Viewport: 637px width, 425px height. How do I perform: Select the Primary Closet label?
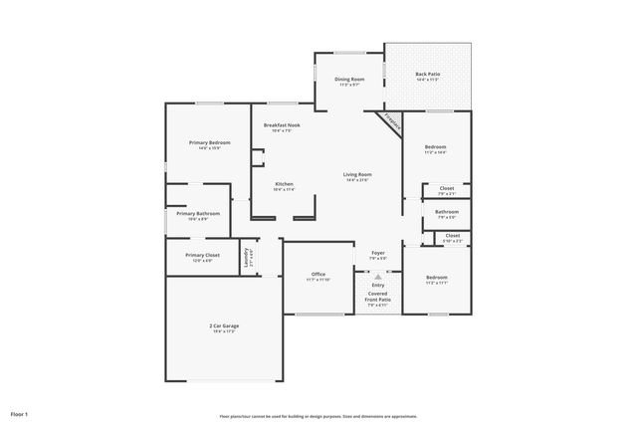click(202, 254)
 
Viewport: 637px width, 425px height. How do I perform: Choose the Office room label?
click(318, 274)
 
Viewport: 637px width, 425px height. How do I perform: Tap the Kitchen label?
click(284, 184)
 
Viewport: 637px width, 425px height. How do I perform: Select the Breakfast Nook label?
click(282, 124)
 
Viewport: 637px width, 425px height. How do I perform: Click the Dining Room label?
click(349, 79)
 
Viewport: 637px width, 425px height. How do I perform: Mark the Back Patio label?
click(427, 74)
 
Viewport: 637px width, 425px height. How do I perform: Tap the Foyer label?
click(378, 253)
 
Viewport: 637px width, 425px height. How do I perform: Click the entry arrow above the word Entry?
click(377, 277)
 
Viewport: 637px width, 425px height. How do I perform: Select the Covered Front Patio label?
click(378, 297)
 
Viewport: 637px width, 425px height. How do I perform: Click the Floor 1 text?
click(20, 412)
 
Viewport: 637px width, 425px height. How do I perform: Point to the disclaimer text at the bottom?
click(318, 416)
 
